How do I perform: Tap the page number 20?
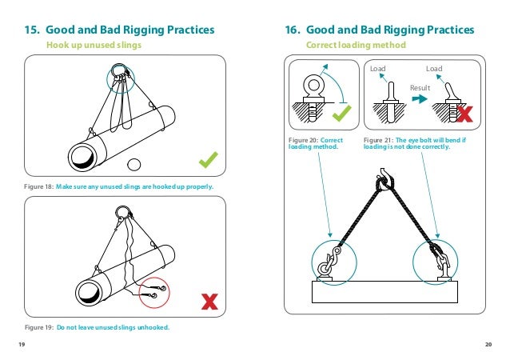click(x=488, y=344)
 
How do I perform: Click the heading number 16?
click(x=292, y=30)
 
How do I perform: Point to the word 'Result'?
click(x=420, y=86)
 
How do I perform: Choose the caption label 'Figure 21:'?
click(x=379, y=140)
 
